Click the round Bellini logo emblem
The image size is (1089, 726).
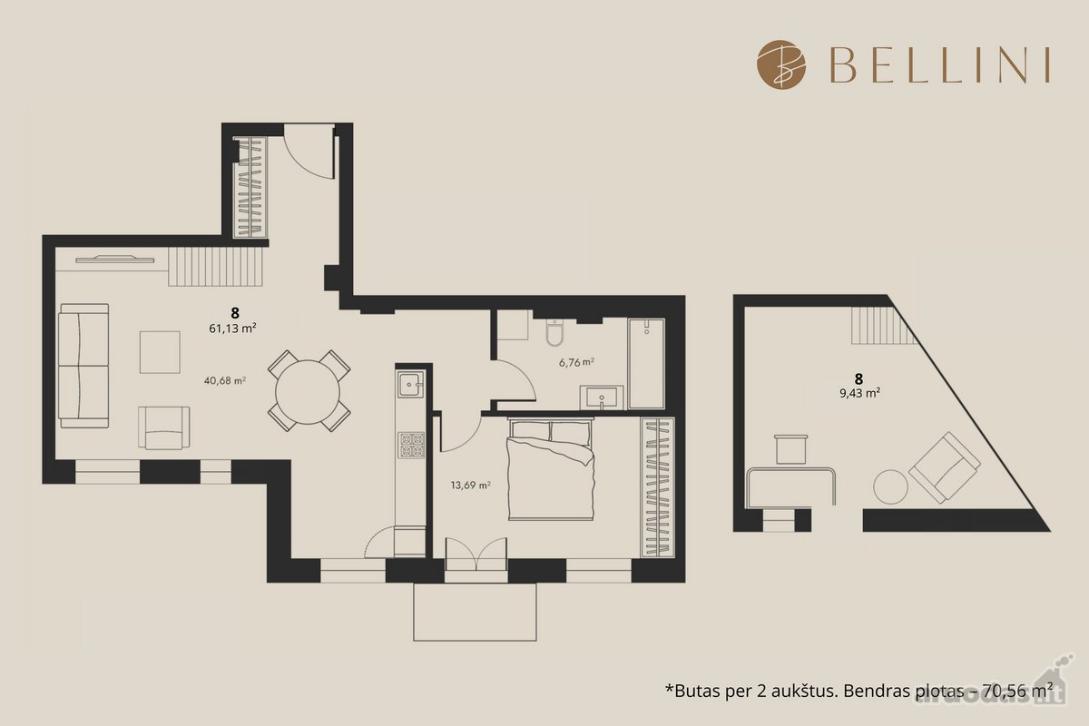(x=781, y=64)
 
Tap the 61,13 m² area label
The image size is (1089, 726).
(x=232, y=329)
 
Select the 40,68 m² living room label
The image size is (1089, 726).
(x=225, y=381)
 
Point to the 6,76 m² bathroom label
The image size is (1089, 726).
(x=576, y=362)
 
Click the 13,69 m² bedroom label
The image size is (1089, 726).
(x=470, y=486)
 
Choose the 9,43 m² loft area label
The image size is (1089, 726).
(x=860, y=393)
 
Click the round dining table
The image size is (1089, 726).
(x=308, y=392)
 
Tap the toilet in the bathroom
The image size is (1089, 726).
(x=554, y=332)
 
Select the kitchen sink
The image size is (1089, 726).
(x=411, y=384)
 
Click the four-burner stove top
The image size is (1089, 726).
(x=411, y=446)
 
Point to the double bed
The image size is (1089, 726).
(x=550, y=469)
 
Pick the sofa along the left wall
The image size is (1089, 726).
(x=83, y=366)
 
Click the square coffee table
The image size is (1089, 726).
(x=160, y=352)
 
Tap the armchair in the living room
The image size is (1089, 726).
(x=164, y=427)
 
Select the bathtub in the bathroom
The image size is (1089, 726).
(x=646, y=364)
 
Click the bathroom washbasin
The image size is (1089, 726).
(x=602, y=397)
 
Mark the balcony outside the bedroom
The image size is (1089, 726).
(x=475, y=613)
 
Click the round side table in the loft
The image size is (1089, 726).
(x=890, y=486)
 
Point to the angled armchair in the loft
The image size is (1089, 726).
(x=944, y=467)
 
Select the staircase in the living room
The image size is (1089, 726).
(x=215, y=267)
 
